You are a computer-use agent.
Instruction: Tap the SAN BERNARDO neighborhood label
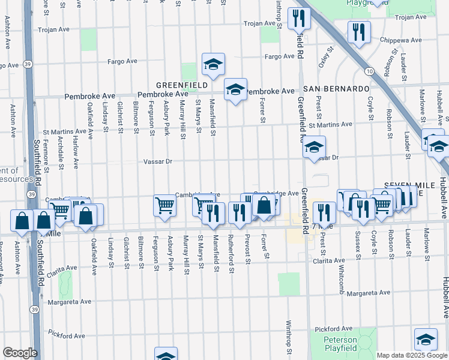336,88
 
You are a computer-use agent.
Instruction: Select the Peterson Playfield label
340,344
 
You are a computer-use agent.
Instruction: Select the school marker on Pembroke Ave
235,90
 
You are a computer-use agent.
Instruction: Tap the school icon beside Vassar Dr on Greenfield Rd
313,147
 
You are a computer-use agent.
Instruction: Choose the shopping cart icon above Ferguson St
164,205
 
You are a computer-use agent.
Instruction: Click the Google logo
20,353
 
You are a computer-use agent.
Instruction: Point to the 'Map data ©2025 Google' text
411,355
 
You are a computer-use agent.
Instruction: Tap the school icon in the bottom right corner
425,340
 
